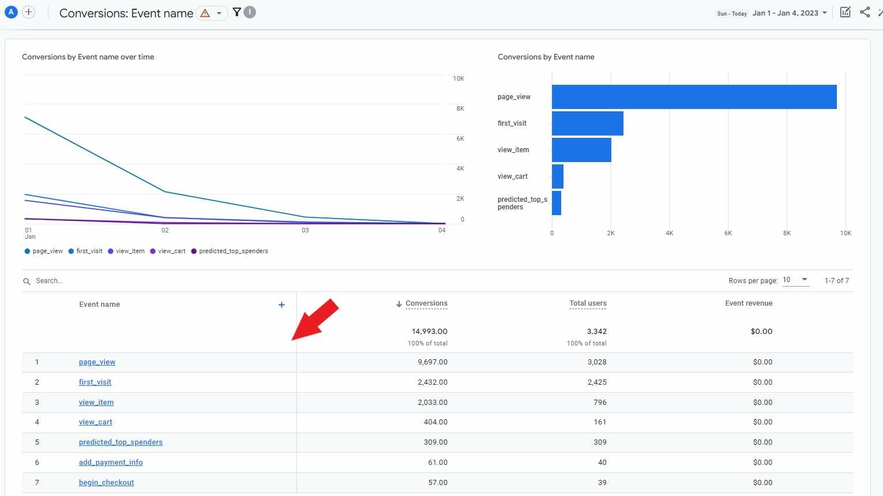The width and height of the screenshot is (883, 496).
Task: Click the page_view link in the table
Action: coord(97,362)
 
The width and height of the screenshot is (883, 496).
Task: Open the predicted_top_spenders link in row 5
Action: coord(121,442)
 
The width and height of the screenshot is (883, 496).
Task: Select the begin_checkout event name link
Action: coord(106,483)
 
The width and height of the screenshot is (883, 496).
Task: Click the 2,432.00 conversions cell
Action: coord(433,382)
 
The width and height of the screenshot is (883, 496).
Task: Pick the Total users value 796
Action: coord(600,403)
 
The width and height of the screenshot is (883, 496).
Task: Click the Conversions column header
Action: coord(426,303)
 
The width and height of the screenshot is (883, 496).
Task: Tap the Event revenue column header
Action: coord(749,303)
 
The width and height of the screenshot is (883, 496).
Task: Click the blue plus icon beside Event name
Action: coord(281,305)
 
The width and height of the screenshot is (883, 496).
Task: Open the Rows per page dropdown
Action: coord(795,280)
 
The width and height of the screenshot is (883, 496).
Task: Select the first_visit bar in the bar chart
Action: coord(587,123)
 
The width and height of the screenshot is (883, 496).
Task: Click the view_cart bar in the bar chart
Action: coord(557,176)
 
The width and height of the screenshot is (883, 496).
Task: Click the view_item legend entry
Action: coord(126,251)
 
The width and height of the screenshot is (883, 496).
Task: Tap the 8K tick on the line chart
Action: coord(460,108)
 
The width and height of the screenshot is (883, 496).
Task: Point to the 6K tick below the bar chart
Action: coord(728,234)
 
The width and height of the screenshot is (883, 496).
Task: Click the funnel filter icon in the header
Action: coord(236,12)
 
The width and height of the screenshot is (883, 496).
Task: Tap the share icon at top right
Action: coord(865,12)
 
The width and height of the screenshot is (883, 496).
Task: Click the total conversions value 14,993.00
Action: coord(429,332)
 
